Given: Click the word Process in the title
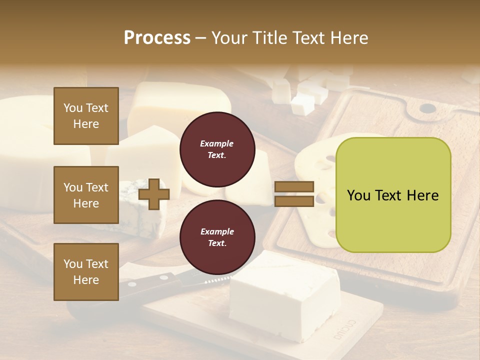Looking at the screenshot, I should (x=157, y=38).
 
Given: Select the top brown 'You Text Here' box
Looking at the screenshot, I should (x=86, y=116).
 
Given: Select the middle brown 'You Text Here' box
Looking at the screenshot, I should (x=86, y=195).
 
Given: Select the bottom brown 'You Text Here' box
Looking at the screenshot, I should (x=86, y=272).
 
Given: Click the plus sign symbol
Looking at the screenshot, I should (x=154, y=194).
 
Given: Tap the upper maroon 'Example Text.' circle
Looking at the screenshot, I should (x=217, y=149).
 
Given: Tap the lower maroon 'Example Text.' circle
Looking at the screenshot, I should (x=217, y=237).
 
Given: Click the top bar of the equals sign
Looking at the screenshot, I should (x=294, y=187).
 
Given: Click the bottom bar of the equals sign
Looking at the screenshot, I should (x=294, y=201).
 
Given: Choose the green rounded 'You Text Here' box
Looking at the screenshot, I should (x=393, y=194).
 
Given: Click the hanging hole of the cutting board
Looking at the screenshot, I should (x=427, y=108).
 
